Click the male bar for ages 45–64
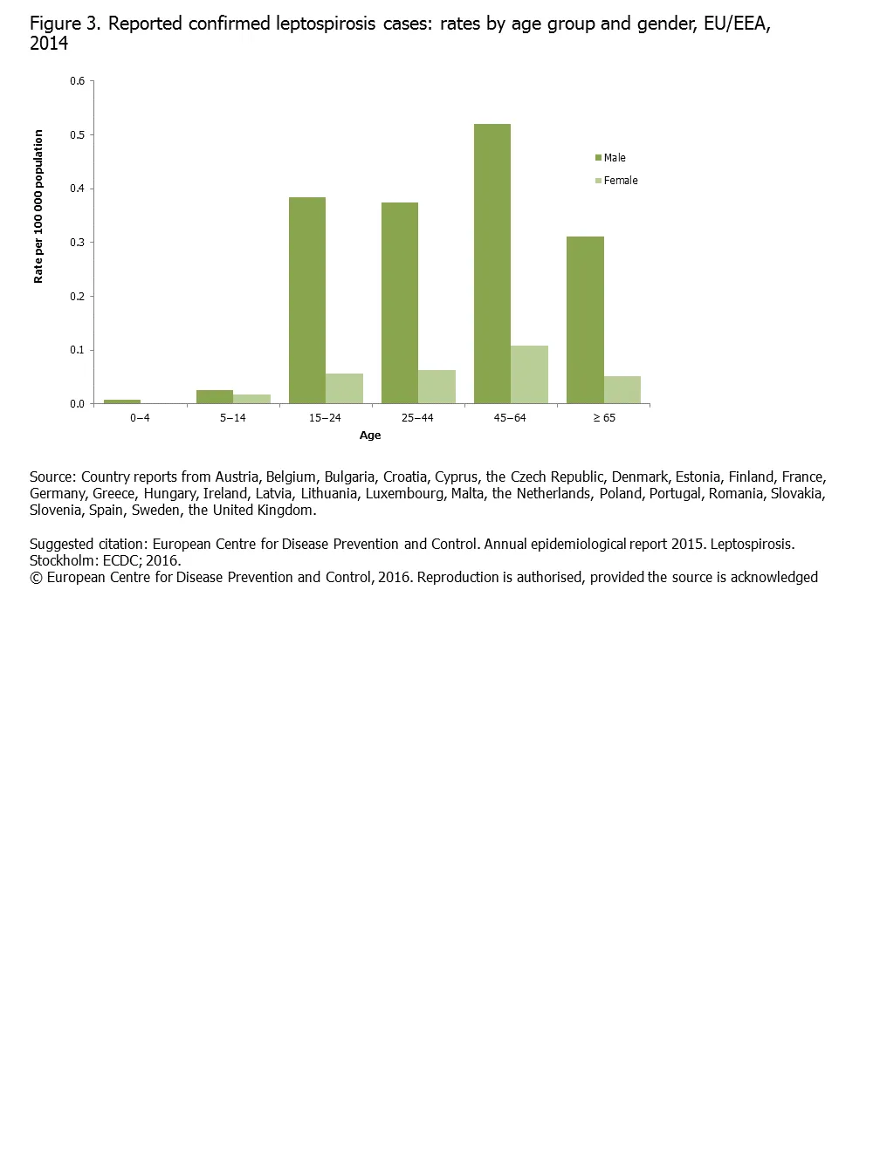(492, 264)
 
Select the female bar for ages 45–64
(529, 374)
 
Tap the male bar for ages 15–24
(307, 300)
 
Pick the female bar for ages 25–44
(437, 387)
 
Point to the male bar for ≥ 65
(585, 319)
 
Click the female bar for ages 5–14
(251, 399)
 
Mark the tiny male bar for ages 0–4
(122, 401)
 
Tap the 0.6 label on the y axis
(78, 81)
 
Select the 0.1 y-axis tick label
(78, 350)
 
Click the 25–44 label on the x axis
(417, 418)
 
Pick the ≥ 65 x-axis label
(604, 418)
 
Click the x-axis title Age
(370, 436)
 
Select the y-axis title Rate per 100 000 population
(38, 206)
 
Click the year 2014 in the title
(49, 44)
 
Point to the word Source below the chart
(52, 477)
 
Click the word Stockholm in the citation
(63, 561)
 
